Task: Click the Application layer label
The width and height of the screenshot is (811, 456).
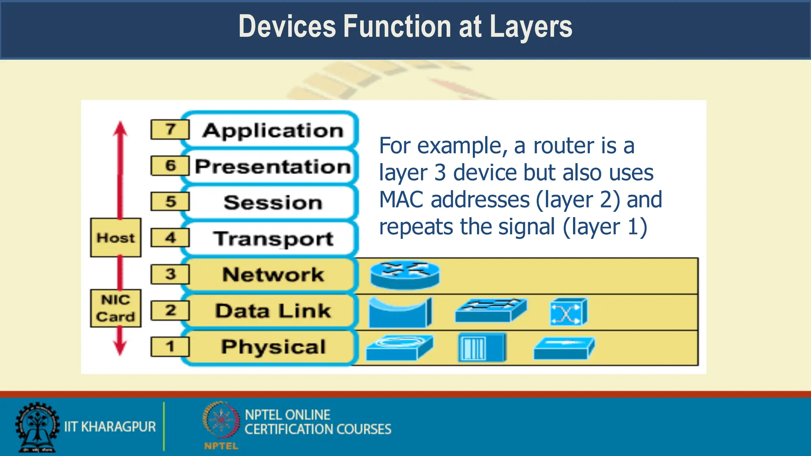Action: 272,130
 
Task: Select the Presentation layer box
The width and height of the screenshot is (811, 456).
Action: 272,166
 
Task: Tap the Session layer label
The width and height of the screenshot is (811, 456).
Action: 272,202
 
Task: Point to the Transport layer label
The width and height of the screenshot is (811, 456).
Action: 272,238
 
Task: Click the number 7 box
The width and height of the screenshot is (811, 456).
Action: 170,129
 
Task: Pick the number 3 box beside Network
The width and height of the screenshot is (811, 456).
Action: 170,274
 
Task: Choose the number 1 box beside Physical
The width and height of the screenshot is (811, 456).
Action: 170,346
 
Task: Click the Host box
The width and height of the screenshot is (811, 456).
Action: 116,237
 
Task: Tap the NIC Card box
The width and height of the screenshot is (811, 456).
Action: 116,308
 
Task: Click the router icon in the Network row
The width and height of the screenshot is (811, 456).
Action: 405,274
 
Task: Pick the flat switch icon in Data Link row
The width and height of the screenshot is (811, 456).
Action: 491,310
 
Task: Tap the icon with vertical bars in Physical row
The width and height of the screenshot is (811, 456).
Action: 482,347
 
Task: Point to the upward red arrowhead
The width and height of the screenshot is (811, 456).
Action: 120,129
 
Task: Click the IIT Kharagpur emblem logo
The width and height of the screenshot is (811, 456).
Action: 37,427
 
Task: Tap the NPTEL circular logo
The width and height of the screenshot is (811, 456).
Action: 221,420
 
